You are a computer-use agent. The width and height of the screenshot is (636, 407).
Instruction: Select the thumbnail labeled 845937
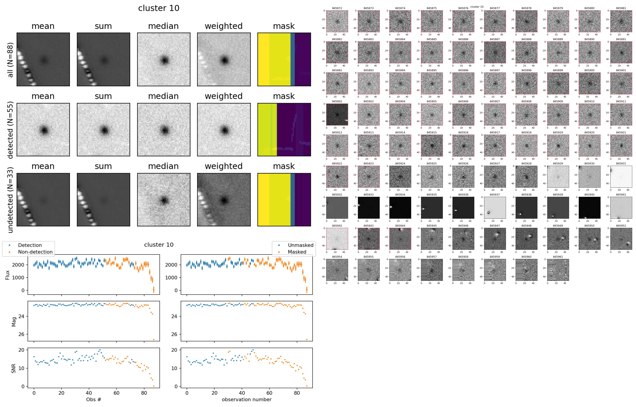pyautogui.click(x=495, y=208)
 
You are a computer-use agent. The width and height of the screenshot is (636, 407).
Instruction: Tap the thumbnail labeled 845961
pyautogui.click(x=558, y=270)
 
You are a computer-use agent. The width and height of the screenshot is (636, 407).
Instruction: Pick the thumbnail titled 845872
pyautogui.click(x=337, y=21)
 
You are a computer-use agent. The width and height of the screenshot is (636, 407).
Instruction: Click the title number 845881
pyautogui.click(x=621, y=8)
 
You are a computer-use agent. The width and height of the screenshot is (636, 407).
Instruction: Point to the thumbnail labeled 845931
pyautogui.click(x=621, y=177)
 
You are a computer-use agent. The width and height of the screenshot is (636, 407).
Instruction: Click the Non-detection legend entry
pyautogui.click(x=35, y=252)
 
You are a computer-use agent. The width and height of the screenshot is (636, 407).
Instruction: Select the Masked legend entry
pyautogui.click(x=297, y=252)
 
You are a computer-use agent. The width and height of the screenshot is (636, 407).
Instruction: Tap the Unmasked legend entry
pyautogui.click(x=301, y=245)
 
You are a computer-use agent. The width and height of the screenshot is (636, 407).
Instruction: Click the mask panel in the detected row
pyautogui.click(x=284, y=130)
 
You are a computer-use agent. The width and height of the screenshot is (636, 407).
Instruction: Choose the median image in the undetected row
pyautogui.click(x=163, y=200)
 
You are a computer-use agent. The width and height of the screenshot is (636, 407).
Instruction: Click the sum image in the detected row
pyautogui.click(x=103, y=130)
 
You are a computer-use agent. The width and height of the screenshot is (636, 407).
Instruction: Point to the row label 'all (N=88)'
pyautogui.click(x=10, y=60)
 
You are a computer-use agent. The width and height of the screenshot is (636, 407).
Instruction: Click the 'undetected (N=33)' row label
pyautogui.click(x=10, y=200)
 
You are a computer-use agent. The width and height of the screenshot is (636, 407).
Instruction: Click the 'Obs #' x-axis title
pyautogui.click(x=93, y=399)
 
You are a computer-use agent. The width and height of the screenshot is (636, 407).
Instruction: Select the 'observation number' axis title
pyautogui.click(x=246, y=399)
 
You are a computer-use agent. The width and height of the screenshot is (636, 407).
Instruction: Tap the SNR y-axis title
pyautogui.click(x=14, y=368)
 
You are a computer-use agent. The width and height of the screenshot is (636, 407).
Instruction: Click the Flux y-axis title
pyautogui.click(x=8, y=275)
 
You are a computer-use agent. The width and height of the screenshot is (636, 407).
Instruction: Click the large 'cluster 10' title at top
pyautogui.click(x=159, y=8)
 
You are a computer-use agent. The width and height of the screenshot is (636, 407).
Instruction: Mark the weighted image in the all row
pyautogui.click(x=224, y=60)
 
